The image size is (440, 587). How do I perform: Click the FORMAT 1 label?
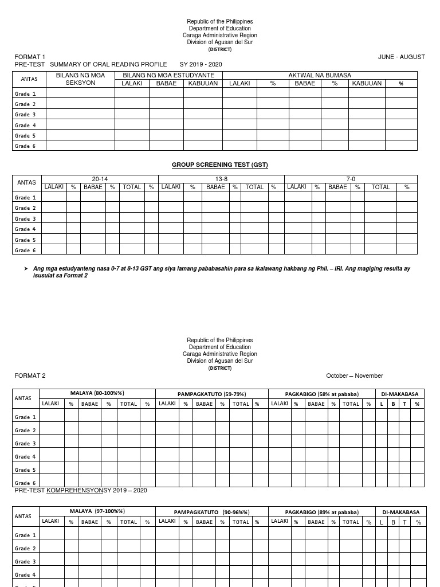click(30, 57)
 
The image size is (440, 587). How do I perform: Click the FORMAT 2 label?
click(30, 376)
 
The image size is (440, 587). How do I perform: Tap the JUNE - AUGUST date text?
click(401, 57)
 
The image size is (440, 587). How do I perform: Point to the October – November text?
click(354, 376)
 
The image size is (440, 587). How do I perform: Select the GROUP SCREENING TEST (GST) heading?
click(220, 165)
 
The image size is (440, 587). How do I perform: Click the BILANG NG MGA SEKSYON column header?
click(80, 79)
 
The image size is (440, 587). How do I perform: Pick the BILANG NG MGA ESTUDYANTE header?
click(168, 76)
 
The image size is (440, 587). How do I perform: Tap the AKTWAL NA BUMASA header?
click(320, 76)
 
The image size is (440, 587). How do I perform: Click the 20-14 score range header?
click(100, 179)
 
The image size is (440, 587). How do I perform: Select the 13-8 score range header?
click(221, 179)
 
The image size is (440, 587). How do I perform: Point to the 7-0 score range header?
click(351, 179)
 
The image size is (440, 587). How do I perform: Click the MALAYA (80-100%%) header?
click(97, 394)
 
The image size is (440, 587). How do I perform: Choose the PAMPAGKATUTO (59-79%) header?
click(211, 394)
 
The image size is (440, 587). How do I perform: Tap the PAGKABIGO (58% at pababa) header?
click(321, 394)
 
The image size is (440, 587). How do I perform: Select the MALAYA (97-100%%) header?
click(97, 511)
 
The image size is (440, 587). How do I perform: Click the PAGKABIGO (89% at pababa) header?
click(321, 512)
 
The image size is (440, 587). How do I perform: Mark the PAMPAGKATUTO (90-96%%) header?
click(211, 512)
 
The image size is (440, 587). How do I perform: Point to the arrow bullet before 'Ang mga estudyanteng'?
click(26, 269)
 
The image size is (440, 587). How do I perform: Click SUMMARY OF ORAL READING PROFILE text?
click(108, 65)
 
